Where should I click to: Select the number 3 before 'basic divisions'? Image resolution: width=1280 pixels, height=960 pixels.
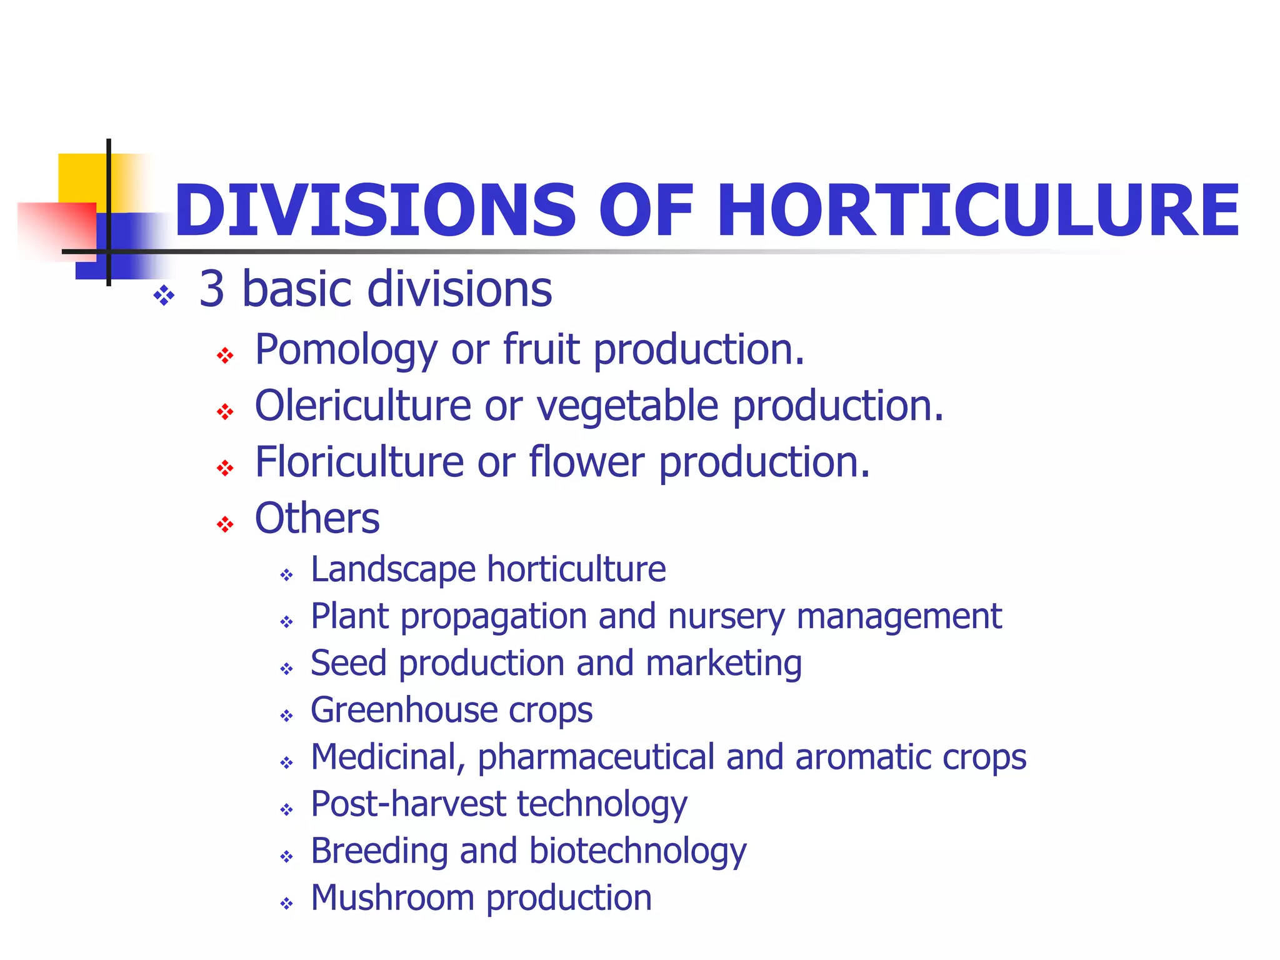(x=212, y=289)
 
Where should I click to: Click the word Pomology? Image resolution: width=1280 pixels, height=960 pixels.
(x=346, y=350)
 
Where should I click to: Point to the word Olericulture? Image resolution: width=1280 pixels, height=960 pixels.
(x=362, y=406)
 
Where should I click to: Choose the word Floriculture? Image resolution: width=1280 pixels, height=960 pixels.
(x=359, y=462)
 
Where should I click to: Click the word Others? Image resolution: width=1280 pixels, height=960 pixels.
(x=317, y=519)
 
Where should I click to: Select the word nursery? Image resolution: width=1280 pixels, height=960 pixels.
(x=726, y=617)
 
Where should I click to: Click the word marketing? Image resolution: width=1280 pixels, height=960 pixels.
(x=724, y=663)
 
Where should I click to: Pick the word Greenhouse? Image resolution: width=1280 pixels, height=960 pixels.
(x=404, y=710)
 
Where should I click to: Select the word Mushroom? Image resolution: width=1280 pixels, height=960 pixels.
(x=392, y=898)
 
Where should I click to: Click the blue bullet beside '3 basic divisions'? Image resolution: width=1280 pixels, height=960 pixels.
(x=164, y=296)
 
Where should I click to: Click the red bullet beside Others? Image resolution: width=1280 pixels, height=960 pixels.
(x=225, y=524)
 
